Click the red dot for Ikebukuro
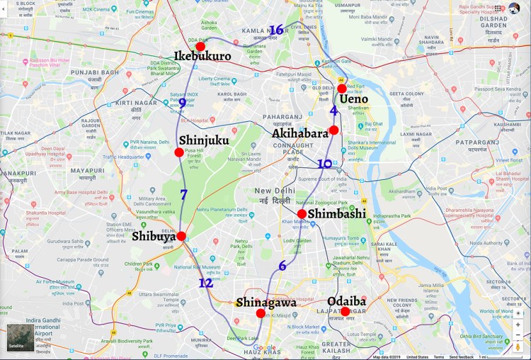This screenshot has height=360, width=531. click(200, 47)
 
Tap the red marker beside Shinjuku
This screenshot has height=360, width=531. click(179, 152)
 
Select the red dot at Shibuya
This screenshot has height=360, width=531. click(181, 236)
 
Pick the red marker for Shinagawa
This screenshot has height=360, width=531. click(261, 313)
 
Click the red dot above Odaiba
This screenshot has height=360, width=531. click(345, 312)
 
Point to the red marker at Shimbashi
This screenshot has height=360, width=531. click(302, 214)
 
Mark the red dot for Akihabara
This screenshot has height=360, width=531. click(333, 130)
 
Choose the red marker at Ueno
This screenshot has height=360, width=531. click(342, 89)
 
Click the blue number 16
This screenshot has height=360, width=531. click(276, 30)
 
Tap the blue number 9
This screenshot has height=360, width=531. click(183, 104)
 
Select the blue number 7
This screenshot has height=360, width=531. click(183, 194)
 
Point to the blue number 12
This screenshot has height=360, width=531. click(205, 283)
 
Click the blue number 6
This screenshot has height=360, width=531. click(282, 266)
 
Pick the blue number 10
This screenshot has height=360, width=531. click(324, 164)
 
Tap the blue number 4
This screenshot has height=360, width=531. click(333, 110)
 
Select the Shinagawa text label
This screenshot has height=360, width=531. click(266, 303)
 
